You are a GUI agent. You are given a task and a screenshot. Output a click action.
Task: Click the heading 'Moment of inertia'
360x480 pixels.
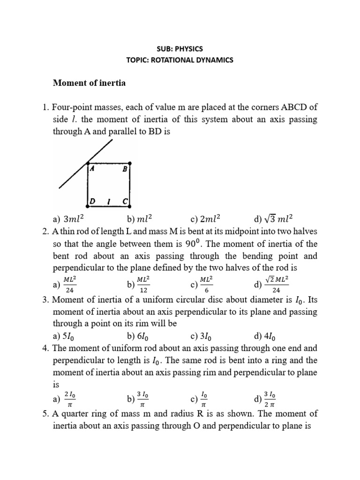click(x=89, y=83)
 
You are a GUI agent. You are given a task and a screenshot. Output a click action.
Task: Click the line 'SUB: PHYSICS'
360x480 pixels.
click(x=180, y=48)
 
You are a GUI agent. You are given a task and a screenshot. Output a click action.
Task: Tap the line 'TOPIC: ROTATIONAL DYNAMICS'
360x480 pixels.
click(x=180, y=60)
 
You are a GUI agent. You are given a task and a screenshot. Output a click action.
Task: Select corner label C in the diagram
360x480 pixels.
click(x=124, y=201)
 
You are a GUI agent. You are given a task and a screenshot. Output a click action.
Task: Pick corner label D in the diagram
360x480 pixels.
click(x=93, y=201)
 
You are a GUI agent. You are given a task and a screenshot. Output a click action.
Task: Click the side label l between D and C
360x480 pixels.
click(x=109, y=201)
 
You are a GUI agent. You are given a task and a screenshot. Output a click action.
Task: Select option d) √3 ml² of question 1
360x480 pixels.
click(x=272, y=218)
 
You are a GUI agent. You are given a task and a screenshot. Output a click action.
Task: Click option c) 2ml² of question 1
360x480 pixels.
click(x=205, y=218)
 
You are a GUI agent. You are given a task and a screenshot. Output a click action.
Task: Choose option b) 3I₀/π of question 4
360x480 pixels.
click(x=138, y=399)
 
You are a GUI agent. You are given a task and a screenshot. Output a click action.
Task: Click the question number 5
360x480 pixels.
click(x=55, y=414)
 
